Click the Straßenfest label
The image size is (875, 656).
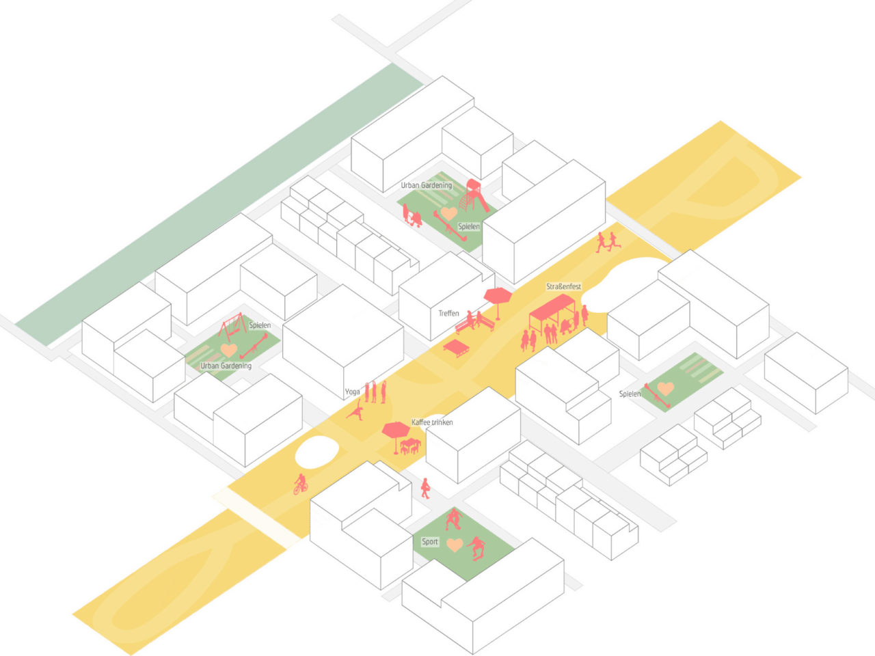[x=563, y=286]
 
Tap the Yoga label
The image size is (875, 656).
[x=352, y=392]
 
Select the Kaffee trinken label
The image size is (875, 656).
[x=432, y=422]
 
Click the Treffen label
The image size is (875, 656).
[x=448, y=313]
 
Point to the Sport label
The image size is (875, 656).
[x=429, y=541]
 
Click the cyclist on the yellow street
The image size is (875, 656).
[x=300, y=484]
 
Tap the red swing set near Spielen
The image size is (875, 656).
[x=232, y=326]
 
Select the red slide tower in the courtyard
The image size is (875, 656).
[x=474, y=195]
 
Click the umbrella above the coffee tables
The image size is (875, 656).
[x=395, y=430]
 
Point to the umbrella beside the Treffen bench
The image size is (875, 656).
[x=498, y=296]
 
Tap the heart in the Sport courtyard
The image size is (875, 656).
[x=455, y=545]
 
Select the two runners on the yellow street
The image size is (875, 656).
[x=607, y=242]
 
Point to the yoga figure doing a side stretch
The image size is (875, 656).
[x=355, y=411]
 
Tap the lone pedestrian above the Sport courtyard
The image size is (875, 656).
[x=425, y=488]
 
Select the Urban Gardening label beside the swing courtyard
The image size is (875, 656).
[x=226, y=366]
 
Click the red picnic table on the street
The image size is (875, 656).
[x=455, y=347]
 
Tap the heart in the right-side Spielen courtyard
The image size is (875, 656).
[x=665, y=388]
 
